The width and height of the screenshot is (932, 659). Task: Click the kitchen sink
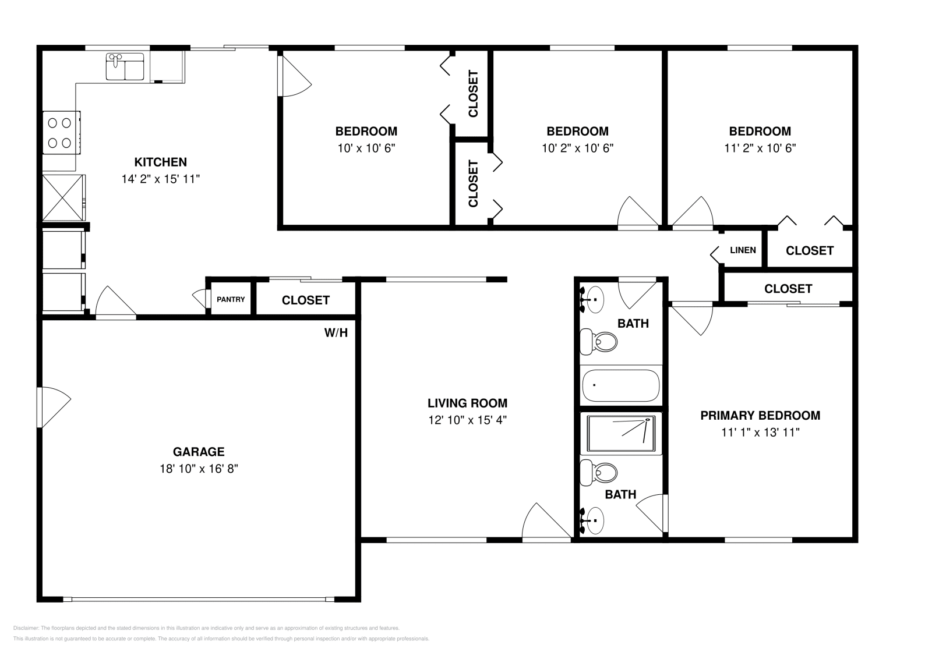[x=125, y=66]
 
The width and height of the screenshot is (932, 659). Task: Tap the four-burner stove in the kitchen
[x=60, y=133]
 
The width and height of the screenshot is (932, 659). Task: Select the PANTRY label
[x=231, y=300]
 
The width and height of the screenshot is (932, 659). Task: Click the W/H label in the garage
[x=336, y=333]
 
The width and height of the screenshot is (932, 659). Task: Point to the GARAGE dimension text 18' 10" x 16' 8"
[x=199, y=468]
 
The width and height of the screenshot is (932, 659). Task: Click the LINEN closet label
[x=743, y=250]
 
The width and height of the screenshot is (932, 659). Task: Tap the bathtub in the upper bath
[x=621, y=385]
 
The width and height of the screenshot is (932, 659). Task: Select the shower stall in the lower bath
[x=621, y=434]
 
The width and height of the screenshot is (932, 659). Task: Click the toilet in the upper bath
[x=600, y=341]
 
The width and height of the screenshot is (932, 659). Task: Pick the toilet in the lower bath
[x=600, y=473]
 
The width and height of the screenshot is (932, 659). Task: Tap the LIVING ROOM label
[x=467, y=403]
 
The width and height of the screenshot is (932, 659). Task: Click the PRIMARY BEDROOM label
[x=760, y=416]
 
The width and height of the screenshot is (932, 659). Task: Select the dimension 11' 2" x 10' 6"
[x=760, y=148]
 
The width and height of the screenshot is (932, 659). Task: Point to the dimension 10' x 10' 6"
[x=366, y=148]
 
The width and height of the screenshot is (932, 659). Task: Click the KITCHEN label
[x=160, y=162]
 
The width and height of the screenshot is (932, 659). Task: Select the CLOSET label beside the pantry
[x=305, y=300]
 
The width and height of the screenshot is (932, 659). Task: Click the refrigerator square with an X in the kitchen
[x=63, y=197]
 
